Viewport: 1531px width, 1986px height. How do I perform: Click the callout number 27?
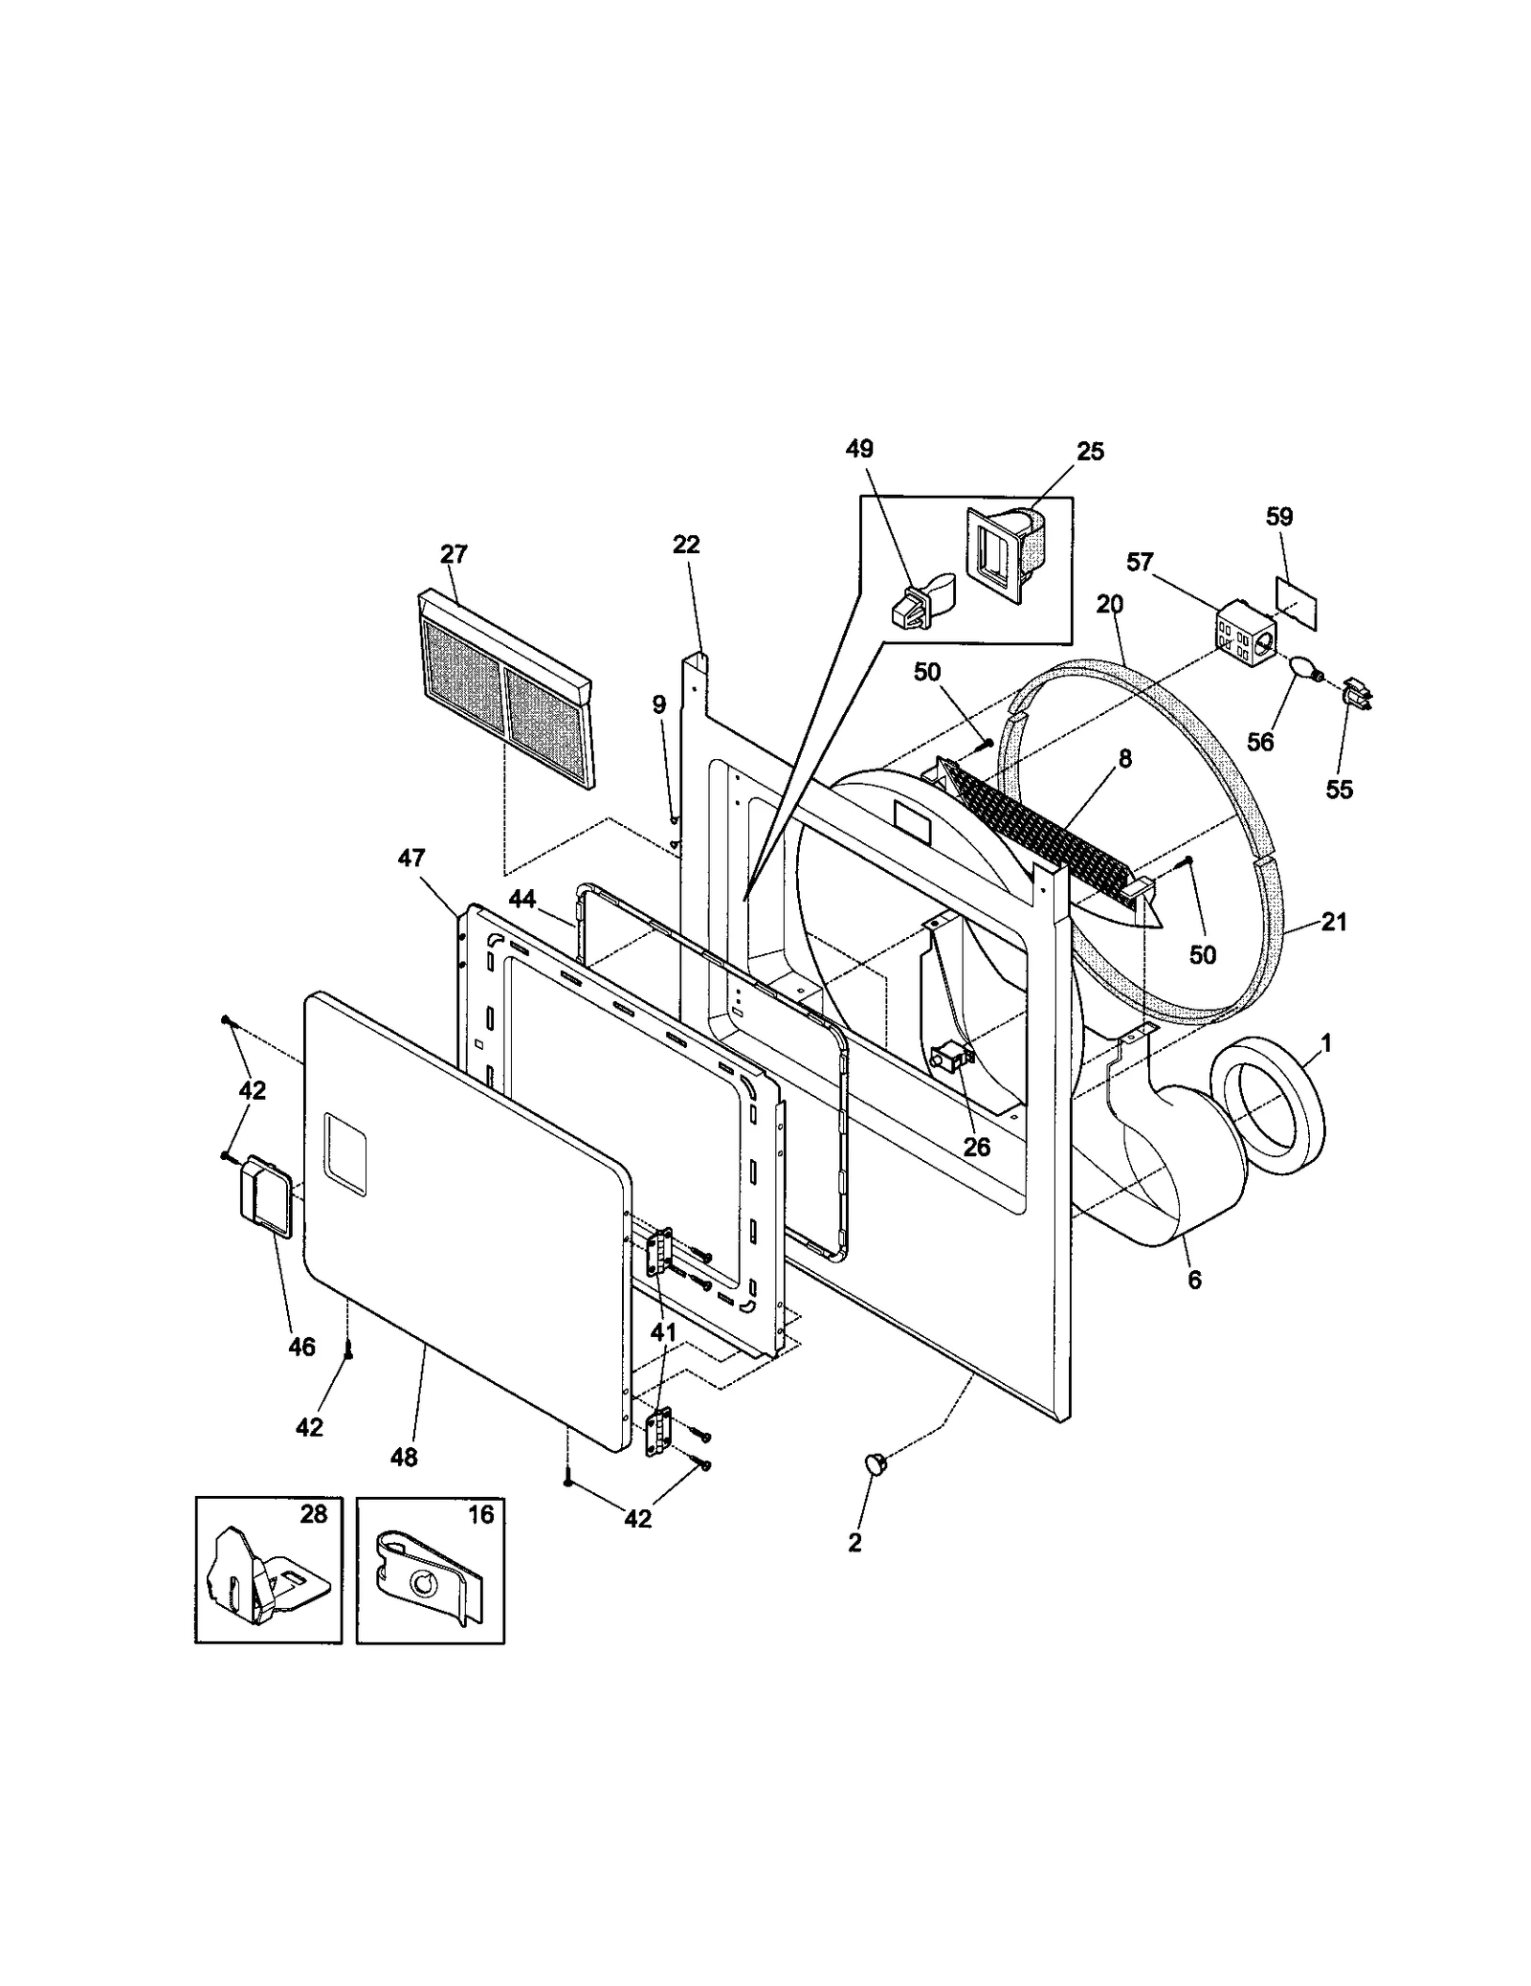(454, 554)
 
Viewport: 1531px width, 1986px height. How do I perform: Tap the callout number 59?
(1279, 518)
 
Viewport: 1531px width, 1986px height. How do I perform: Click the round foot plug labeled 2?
(875, 1462)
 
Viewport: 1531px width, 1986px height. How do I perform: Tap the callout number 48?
(404, 1458)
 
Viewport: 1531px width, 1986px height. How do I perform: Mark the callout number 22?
(686, 545)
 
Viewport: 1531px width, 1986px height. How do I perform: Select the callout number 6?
(1194, 1280)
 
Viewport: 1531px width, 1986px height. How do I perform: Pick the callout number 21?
(1334, 922)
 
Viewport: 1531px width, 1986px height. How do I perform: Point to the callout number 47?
(410, 859)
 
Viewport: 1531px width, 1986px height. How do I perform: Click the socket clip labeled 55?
(1356, 694)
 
